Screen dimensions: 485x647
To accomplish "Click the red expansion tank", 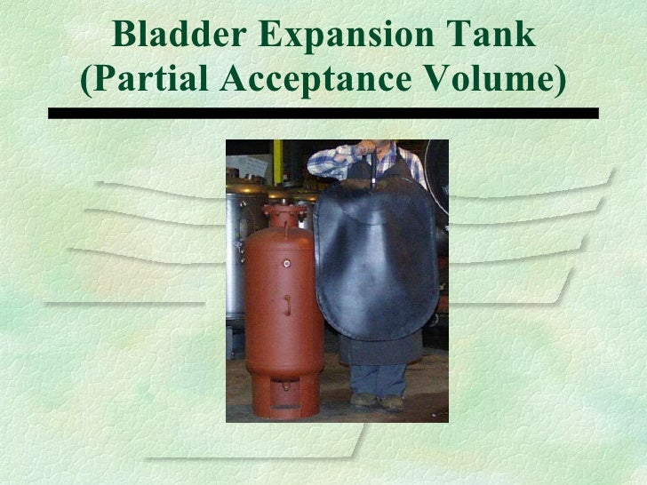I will [277, 311].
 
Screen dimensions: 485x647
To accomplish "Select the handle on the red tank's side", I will [287, 306].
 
